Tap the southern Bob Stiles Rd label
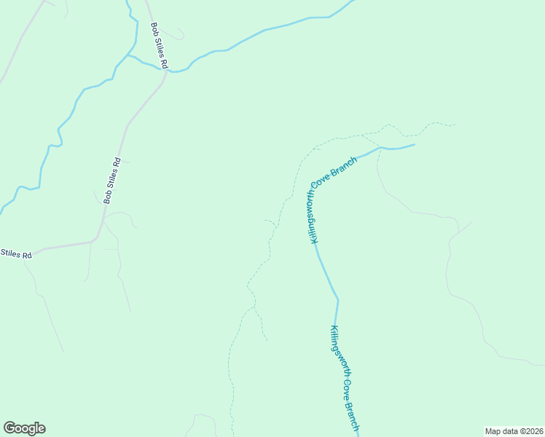click(111, 180)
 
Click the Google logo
click(24, 428)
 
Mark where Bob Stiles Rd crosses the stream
click(166, 71)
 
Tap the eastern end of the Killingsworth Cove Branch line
click(414, 144)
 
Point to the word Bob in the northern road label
click(154, 28)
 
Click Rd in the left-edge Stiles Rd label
click(27, 255)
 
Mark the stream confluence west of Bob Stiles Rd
click(128, 55)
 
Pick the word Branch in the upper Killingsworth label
click(343, 167)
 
